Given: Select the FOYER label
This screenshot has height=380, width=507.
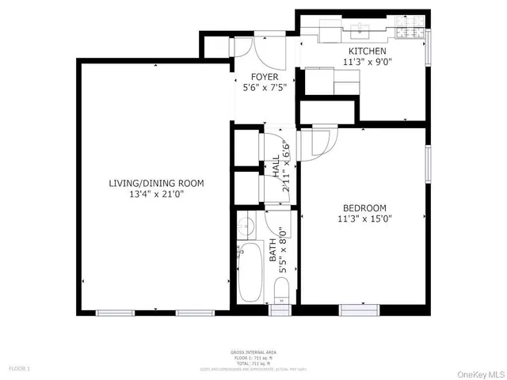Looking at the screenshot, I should (264, 77).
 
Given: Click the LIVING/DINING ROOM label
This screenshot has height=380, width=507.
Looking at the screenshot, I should (156, 183).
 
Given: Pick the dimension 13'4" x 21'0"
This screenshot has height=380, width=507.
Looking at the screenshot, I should (156, 194).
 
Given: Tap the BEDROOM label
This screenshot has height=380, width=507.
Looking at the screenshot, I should (364, 207).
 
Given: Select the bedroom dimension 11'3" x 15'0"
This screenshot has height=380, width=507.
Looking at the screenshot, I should (364, 218).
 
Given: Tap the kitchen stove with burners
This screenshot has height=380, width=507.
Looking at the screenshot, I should (408, 32).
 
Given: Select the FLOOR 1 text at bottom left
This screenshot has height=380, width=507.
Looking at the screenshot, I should (20, 368).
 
